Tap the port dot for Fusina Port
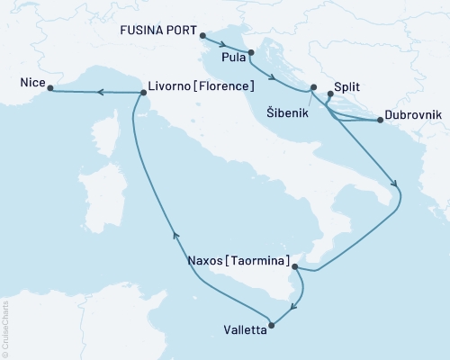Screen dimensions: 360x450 pos(200,38)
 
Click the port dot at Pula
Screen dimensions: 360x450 pos(251,64)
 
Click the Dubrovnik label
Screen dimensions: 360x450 pos(412,116)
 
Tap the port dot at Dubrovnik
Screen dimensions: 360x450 pos(379,121)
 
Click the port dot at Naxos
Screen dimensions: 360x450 pos(295,266)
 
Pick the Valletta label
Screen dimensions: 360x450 pos(241,330)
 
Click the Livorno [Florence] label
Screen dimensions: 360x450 pos(201,87)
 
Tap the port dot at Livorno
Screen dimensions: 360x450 pos(142,92)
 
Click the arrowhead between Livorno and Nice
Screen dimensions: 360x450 pos(100,92)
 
